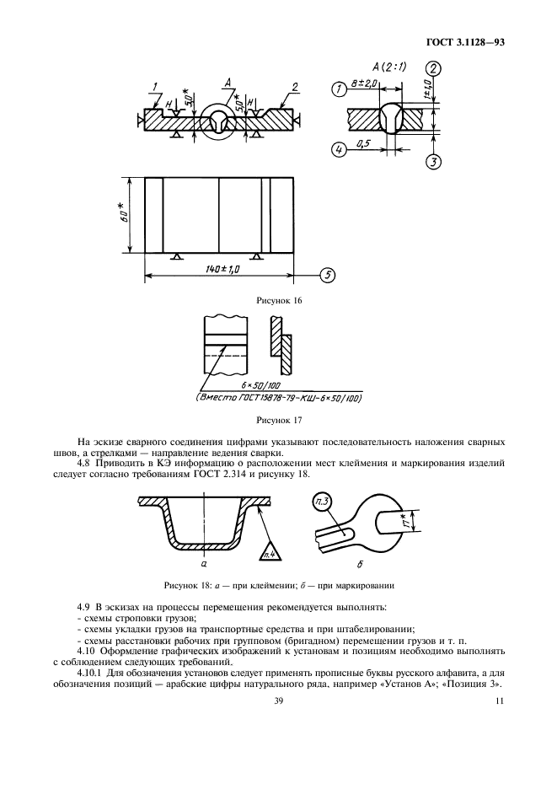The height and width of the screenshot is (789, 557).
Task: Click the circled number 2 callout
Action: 431,70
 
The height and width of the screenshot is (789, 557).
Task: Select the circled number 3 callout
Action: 432,163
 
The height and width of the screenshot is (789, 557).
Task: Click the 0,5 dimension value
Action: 366,144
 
